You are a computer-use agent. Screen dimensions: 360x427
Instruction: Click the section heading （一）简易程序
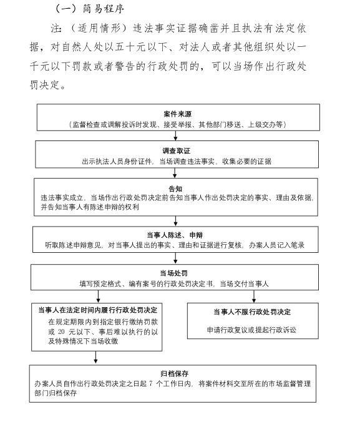click(x=90, y=9)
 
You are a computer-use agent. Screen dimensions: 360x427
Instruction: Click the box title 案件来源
click(x=178, y=114)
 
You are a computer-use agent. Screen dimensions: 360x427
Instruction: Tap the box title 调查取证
click(x=177, y=150)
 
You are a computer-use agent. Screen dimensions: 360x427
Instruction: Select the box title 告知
click(x=175, y=189)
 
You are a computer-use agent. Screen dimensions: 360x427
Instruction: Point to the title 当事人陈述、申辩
click(x=175, y=235)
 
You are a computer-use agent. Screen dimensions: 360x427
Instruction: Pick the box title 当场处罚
click(x=174, y=273)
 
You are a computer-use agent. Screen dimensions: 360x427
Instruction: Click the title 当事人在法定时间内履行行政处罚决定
click(x=98, y=310)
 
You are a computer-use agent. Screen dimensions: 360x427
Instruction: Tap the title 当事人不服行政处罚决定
click(x=252, y=312)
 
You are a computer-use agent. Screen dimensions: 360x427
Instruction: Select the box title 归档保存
click(x=175, y=373)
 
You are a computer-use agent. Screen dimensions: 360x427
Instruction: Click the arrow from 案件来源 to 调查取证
click(x=175, y=135)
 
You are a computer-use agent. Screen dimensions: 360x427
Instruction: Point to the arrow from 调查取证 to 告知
click(x=175, y=173)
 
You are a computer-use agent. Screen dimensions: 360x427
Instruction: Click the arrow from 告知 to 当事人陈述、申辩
click(x=175, y=221)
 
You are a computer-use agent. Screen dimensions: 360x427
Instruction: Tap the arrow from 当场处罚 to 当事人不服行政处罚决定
click(x=254, y=297)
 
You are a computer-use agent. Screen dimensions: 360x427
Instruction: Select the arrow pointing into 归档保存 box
click(x=95, y=357)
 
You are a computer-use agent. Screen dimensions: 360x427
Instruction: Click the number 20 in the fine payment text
click(x=61, y=331)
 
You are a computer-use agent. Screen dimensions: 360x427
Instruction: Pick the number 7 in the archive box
click(x=151, y=383)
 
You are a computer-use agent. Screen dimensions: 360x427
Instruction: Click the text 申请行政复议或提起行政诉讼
click(x=251, y=330)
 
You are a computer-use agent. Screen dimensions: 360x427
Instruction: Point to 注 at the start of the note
click(x=56, y=28)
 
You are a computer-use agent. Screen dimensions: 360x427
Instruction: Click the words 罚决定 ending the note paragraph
click(x=45, y=85)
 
